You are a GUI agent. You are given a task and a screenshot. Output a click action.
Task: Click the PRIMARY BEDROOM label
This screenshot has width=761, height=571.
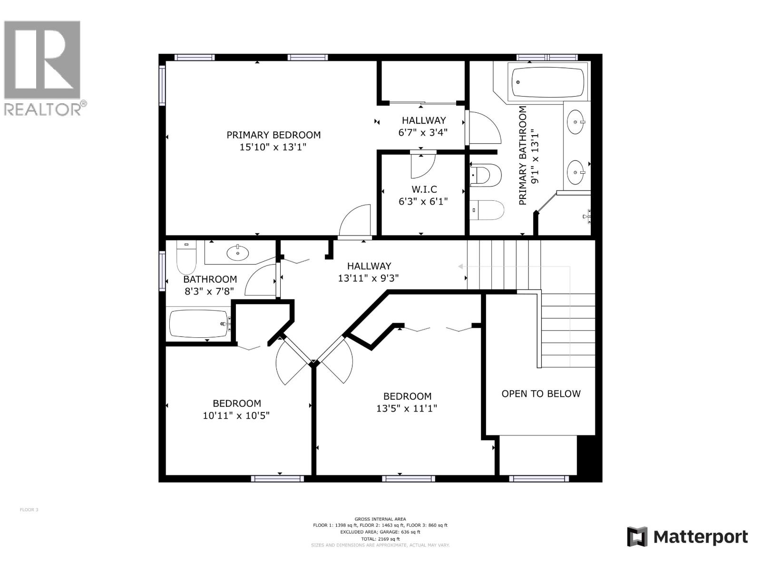click(273, 135)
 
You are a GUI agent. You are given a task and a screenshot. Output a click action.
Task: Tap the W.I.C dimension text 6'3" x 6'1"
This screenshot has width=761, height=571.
click(423, 202)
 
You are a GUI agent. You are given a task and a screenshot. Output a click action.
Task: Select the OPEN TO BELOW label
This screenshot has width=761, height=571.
click(541, 394)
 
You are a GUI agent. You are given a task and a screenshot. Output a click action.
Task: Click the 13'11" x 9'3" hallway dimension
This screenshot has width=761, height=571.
click(368, 278)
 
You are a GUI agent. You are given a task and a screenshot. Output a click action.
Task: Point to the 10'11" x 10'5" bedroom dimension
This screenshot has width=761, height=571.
click(236, 415)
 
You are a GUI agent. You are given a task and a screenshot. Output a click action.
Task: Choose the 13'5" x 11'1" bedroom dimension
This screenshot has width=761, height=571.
click(407, 408)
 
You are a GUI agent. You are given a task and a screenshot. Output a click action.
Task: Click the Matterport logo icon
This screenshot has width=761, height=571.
click(637, 537)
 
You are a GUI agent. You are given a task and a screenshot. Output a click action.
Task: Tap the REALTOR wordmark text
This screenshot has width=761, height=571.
click(43, 109)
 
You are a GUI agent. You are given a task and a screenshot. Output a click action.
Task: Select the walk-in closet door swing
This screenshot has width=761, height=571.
click(423, 164)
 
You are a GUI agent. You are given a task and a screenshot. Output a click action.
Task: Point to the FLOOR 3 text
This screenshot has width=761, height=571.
click(29, 510)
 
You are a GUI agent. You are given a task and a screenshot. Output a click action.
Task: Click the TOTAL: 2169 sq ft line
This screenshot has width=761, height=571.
click(380, 539)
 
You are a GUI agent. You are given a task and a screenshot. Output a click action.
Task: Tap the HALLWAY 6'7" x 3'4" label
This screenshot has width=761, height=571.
click(423, 127)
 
